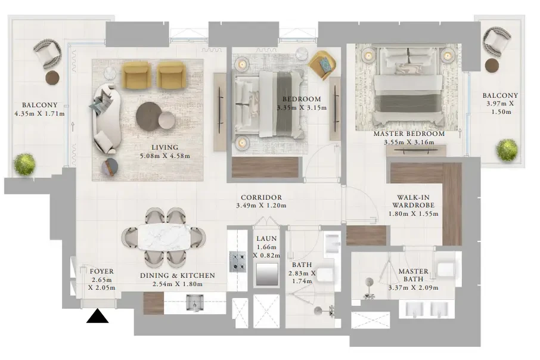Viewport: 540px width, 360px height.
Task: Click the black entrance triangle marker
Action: (98, 316)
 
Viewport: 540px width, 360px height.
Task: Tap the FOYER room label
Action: (101, 271)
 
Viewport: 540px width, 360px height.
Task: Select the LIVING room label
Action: (165, 147)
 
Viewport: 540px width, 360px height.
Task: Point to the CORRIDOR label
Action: (262, 197)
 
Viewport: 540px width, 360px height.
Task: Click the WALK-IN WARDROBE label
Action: (413, 201)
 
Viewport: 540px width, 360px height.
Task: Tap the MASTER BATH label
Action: (413, 275)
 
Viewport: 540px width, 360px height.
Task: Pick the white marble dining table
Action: (164, 237)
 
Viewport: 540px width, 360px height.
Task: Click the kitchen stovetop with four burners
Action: (238, 262)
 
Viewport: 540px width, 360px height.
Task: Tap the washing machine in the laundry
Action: (267, 275)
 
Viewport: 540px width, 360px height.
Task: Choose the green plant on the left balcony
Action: (24, 164)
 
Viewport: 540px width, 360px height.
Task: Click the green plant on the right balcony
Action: (507, 150)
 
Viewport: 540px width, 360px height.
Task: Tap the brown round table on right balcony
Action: (492, 66)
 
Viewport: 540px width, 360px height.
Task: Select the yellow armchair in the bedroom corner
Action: (322, 64)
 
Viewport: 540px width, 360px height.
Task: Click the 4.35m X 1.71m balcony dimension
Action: (39, 113)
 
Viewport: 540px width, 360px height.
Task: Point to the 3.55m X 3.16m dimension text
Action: (409, 142)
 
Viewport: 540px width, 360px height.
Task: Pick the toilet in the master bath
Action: (446, 268)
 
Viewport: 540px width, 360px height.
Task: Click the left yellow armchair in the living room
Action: (136, 76)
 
